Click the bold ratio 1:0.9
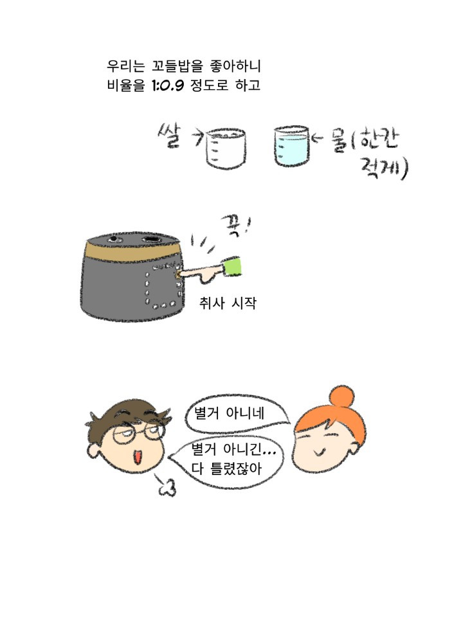[168, 85]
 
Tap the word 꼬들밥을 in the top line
[177, 66]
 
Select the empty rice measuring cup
[226, 148]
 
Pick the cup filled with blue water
[291, 146]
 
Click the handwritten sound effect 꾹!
[235, 226]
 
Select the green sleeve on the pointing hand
[232, 266]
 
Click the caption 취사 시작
[228, 303]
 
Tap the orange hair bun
[341, 397]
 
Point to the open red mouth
[138, 457]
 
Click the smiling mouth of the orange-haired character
[320, 452]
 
